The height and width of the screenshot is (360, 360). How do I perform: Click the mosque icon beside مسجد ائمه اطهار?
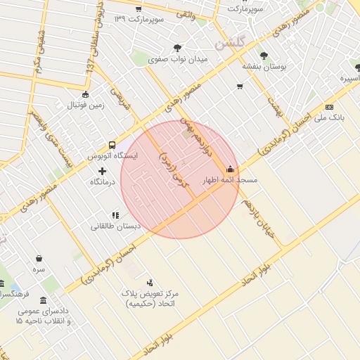(x=231, y=169)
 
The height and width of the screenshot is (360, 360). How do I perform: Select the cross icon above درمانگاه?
(x=103, y=171)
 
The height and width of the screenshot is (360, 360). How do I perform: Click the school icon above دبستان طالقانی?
(x=115, y=215)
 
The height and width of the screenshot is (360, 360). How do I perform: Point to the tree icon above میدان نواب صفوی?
(x=178, y=48)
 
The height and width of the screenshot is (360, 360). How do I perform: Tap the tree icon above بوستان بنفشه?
(x=264, y=55)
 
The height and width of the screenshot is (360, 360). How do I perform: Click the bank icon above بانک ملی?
(x=329, y=107)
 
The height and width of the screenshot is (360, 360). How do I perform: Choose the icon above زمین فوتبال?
(x=86, y=95)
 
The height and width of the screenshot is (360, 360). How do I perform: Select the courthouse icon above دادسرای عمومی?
(x=44, y=300)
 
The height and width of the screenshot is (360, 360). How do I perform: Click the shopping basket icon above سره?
(x=38, y=257)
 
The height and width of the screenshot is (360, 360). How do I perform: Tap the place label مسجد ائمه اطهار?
(x=230, y=181)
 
